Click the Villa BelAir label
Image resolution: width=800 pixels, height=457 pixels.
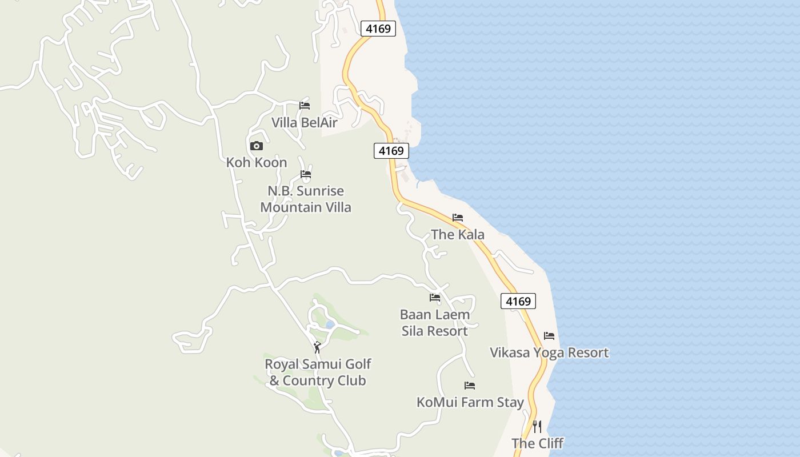pyautogui.click(x=304, y=123)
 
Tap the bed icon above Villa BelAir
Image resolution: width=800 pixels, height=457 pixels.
pyautogui.click(x=305, y=106)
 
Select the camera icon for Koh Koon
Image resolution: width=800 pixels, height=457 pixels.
pyautogui.click(x=257, y=146)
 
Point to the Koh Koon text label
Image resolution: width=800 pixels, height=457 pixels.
pyautogui.click(x=257, y=163)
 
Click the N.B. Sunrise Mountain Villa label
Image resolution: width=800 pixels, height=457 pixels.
pyautogui.click(x=306, y=199)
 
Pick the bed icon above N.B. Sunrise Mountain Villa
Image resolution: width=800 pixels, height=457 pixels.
pyautogui.click(x=306, y=174)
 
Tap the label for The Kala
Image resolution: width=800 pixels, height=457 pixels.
pyautogui.click(x=458, y=235)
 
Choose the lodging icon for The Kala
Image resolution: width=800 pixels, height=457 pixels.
pyautogui.click(x=458, y=218)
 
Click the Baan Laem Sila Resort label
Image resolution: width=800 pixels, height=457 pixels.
pyautogui.click(x=435, y=323)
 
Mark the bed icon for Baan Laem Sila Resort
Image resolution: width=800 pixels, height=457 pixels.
pyautogui.click(x=435, y=298)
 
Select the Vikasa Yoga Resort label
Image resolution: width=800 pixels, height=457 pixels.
pyautogui.click(x=549, y=353)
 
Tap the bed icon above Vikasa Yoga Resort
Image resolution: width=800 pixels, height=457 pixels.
pyautogui.click(x=549, y=336)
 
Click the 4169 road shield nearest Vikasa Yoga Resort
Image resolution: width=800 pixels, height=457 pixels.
pyautogui.click(x=518, y=301)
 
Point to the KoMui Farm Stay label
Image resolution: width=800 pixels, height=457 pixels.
pyautogui.click(x=470, y=403)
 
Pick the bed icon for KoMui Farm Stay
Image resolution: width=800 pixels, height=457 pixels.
pyautogui.click(x=470, y=386)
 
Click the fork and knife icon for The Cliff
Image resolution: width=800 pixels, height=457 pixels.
pyautogui.click(x=537, y=426)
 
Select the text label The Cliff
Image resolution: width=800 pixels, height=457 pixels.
pyautogui.click(x=537, y=443)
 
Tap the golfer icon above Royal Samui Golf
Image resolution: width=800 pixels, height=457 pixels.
pyautogui.click(x=317, y=347)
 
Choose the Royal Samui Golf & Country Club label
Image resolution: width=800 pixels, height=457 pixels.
pyautogui.click(x=318, y=372)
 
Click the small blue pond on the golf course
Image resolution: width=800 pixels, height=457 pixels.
pyautogui.click(x=330, y=324)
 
